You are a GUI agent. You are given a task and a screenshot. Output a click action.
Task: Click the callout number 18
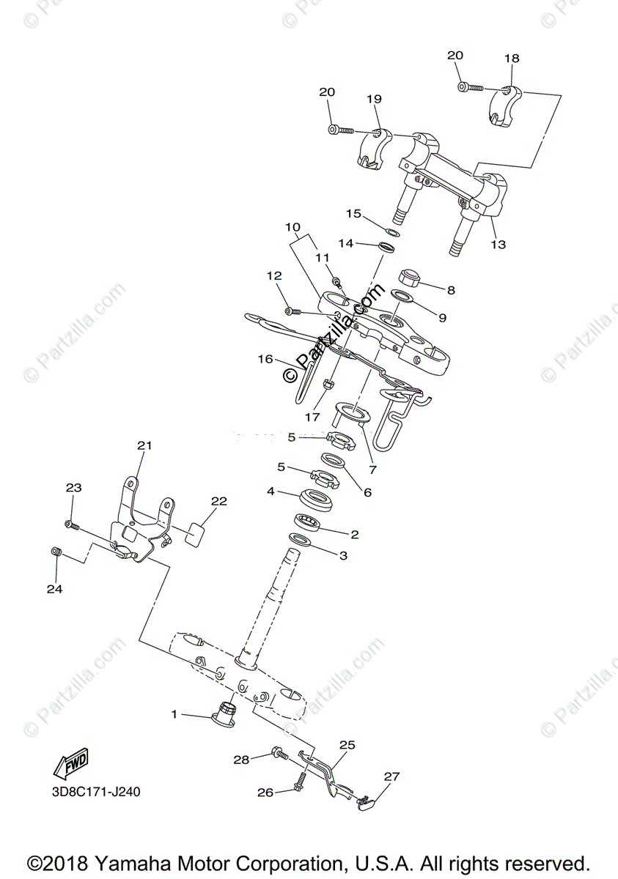511,59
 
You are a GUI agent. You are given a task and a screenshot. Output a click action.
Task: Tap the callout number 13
498,245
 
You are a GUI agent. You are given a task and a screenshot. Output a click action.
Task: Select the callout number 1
174,713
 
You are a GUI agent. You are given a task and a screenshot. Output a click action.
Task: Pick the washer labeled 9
401,296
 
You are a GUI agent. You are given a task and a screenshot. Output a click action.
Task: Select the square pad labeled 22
195,534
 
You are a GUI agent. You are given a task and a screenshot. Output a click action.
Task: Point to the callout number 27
392,776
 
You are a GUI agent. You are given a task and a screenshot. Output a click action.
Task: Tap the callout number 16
265,359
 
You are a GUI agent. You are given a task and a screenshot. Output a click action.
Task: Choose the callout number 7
372,470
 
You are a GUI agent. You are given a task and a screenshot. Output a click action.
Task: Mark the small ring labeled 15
392,232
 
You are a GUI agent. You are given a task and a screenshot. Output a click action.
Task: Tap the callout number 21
144,445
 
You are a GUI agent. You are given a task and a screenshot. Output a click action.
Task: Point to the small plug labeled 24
54,552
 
